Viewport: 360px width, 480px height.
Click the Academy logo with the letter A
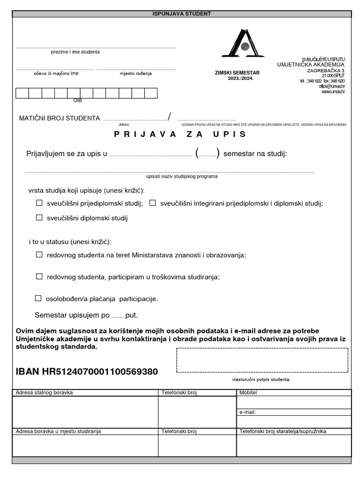pos(240,44)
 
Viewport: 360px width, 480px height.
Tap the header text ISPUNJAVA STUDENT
pos(181,14)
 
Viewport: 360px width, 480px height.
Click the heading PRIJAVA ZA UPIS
pos(180,134)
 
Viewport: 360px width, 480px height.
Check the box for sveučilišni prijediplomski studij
pos(39,203)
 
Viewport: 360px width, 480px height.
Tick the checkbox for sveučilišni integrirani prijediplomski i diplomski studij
pos(152,203)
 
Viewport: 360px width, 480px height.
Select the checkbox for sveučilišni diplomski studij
pos(39,217)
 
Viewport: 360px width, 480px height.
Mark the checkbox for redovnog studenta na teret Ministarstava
pos(39,255)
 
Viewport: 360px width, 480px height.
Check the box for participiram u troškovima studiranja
pos(39,277)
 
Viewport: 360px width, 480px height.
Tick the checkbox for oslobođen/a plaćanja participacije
pos(38,298)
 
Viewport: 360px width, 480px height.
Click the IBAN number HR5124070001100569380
pos(87,372)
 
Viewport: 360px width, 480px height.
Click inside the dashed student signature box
pos(262,360)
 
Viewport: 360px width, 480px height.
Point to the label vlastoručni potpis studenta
pos(261,379)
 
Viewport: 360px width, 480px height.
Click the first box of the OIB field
pos(22,93)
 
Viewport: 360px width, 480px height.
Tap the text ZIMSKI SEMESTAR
pos(237,73)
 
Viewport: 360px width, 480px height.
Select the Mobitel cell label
pos(248,392)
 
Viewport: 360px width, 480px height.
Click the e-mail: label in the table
pos(247,412)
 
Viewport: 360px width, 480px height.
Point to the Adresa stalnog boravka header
pos(45,392)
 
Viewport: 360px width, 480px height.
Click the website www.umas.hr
pos(333,92)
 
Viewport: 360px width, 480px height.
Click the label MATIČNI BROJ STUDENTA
pos(60,118)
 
